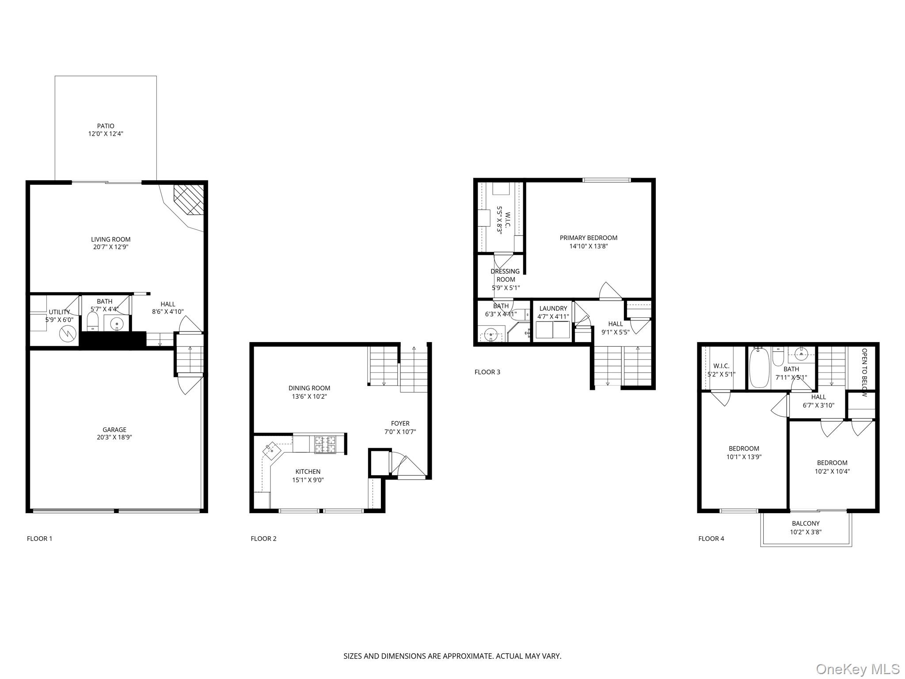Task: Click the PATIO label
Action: pos(106,126)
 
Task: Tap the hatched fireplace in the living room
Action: pos(189,199)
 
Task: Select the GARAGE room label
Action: pos(114,430)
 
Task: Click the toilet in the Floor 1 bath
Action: pos(92,321)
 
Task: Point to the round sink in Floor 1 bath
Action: pos(117,324)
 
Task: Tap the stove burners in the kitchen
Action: pos(325,445)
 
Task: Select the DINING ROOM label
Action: pos(309,388)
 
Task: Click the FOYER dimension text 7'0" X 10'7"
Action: pos(400,432)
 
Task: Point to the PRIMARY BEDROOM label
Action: pos(589,238)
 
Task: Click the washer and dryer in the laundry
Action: pos(553,330)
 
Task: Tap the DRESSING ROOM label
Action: pos(506,275)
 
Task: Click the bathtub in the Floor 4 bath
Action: pos(760,368)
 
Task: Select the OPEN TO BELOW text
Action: pos(864,372)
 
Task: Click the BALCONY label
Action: pos(806,523)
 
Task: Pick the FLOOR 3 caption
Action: pos(487,372)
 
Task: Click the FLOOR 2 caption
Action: pos(263,538)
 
